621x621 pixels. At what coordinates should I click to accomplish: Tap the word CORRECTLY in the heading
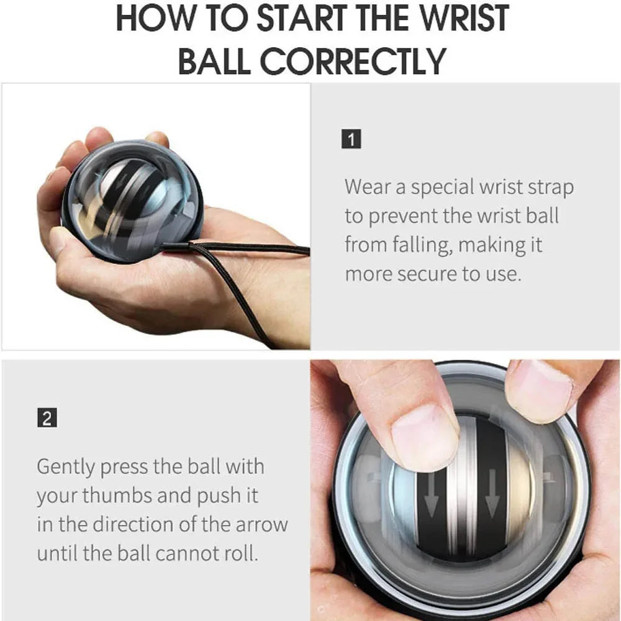(x=353, y=60)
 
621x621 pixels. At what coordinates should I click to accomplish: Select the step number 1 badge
(x=352, y=139)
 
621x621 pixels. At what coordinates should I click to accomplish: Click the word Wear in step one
(x=371, y=186)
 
